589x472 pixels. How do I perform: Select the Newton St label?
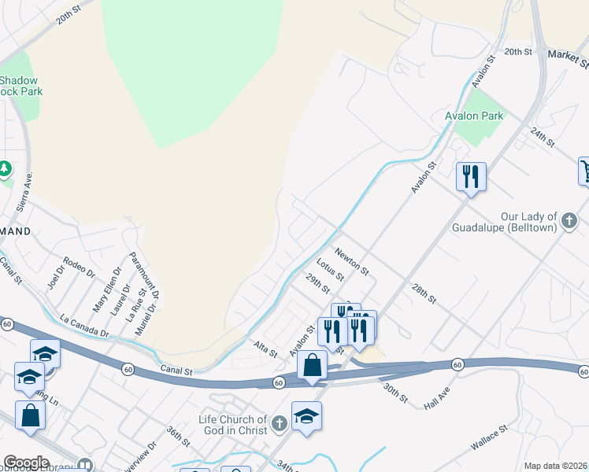[351, 260]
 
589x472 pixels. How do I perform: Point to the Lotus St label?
[330, 268]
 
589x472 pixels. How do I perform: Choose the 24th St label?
[543, 137]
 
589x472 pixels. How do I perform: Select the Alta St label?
[265, 349]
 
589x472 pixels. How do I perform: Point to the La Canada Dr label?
[84, 327]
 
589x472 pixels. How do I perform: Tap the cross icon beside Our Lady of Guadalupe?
[569, 225]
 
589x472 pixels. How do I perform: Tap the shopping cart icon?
[584, 170]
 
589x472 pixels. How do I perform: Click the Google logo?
[27, 463]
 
